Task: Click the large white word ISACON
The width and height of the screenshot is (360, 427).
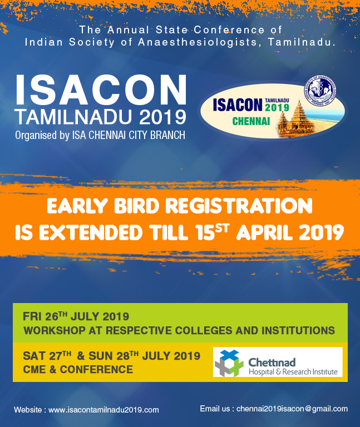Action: (x=101, y=90)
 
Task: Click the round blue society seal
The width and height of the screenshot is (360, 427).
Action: (x=320, y=91)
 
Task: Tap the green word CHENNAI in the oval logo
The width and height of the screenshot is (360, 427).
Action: (x=251, y=121)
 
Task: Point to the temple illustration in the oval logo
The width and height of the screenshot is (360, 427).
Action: (x=295, y=118)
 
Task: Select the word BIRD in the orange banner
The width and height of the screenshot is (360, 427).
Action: (x=136, y=206)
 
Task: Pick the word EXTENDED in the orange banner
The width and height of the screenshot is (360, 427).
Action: (x=91, y=233)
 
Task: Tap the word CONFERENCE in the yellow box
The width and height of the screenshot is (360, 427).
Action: (x=96, y=369)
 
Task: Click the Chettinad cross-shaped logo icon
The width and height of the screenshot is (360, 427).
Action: (x=229, y=363)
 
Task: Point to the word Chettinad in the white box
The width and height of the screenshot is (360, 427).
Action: (x=272, y=363)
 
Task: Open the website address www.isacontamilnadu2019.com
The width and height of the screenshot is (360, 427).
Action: (x=103, y=410)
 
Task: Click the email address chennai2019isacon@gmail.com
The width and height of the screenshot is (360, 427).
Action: (x=292, y=409)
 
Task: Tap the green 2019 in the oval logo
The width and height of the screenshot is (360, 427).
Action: (x=277, y=107)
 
